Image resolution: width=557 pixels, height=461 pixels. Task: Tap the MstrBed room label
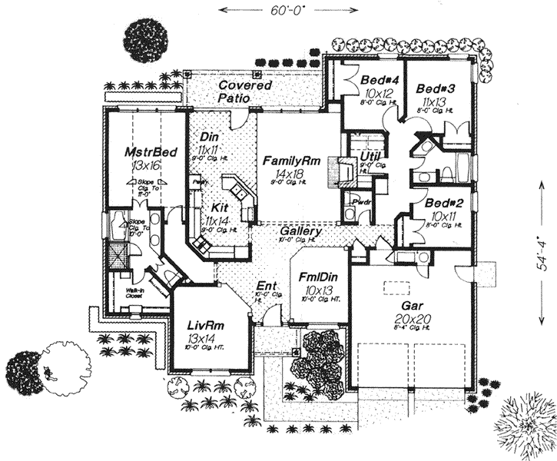(x=151, y=151)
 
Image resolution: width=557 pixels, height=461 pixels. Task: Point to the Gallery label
(x=300, y=231)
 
